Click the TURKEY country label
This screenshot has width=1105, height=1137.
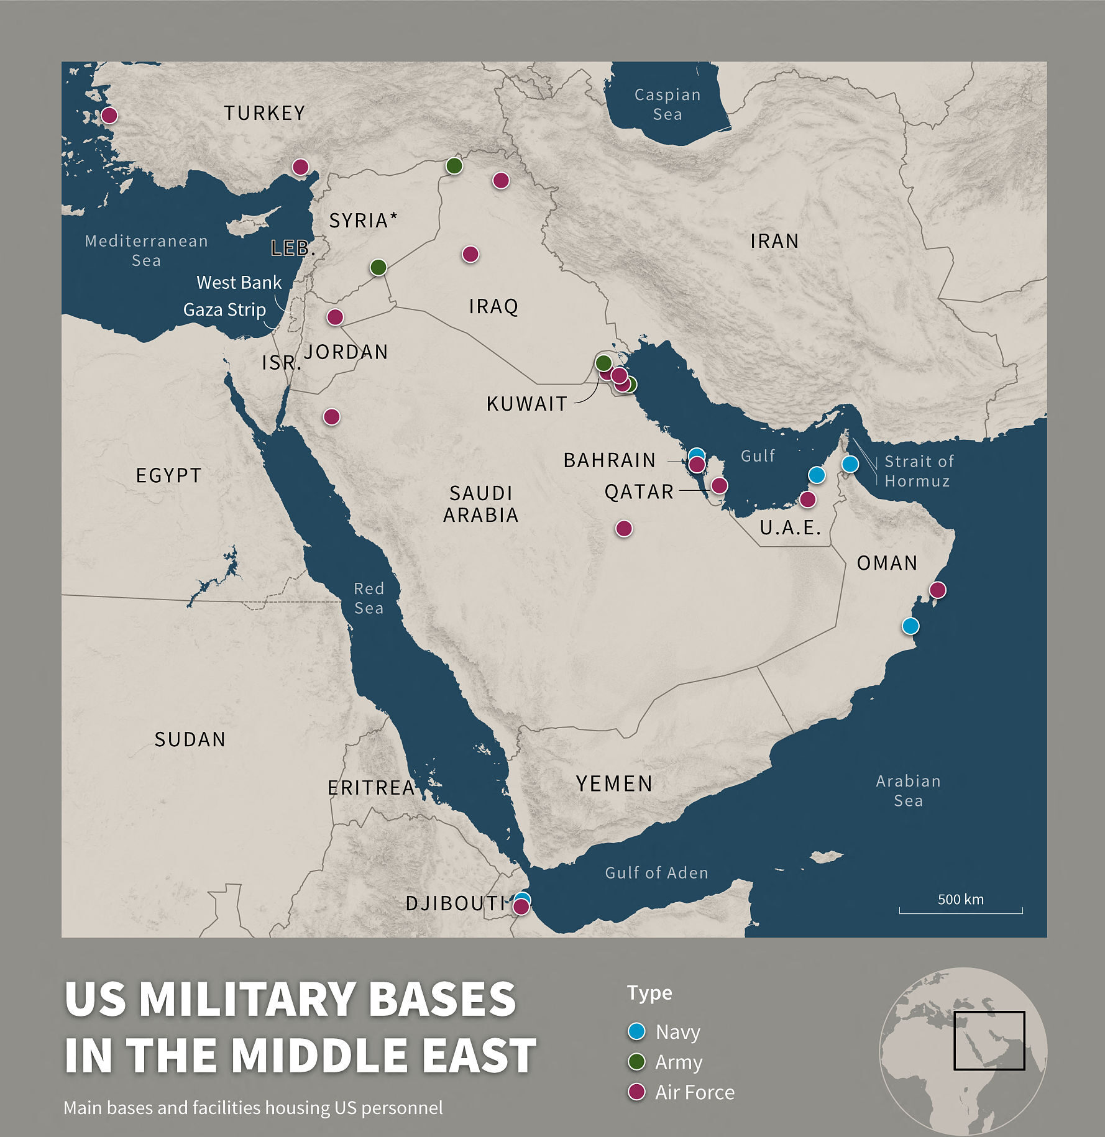(265, 113)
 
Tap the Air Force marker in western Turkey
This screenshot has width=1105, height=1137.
(109, 115)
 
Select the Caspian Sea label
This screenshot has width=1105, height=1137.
(667, 104)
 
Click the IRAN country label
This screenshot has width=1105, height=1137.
(774, 241)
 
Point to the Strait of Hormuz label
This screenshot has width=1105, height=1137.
(918, 471)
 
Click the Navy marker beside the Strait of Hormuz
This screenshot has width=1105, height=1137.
(850, 463)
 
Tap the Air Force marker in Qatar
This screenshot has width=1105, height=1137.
(719, 485)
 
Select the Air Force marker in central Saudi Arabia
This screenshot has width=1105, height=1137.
(624, 528)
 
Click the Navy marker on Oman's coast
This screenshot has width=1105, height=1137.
(910, 626)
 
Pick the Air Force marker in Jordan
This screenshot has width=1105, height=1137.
(335, 317)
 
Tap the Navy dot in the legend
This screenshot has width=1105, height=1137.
(636, 1031)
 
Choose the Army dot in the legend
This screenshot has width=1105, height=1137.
(636, 1062)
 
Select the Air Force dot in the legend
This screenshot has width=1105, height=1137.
(636, 1092)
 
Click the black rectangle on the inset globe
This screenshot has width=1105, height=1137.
(989, 1041)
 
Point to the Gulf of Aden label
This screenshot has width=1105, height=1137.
(656, 873)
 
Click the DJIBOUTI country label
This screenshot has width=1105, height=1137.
(456, 903)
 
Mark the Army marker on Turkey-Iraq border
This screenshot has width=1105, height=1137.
(454, 166)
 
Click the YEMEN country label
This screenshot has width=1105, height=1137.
(614, 784)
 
